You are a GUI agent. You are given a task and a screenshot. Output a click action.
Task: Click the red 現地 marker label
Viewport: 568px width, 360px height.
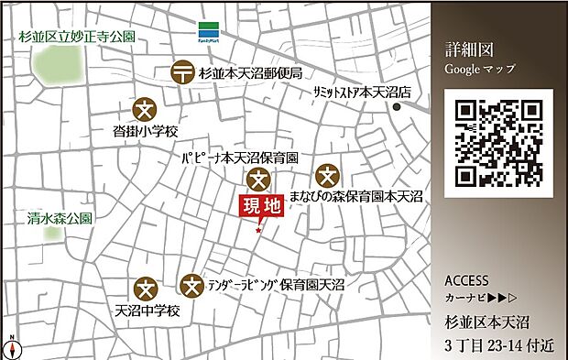click(261, 207)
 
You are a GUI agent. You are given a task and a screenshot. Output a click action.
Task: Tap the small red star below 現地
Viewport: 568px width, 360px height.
click(259, 230)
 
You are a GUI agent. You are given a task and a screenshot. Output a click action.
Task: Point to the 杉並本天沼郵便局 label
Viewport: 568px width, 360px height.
click(250, 72)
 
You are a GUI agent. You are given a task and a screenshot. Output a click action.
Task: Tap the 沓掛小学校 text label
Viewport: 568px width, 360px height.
click(145, 132)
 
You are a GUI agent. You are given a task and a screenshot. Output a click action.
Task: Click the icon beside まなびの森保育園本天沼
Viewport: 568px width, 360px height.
click(327, 175)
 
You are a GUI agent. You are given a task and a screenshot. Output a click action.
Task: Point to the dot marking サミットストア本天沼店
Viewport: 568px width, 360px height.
click(397, 107)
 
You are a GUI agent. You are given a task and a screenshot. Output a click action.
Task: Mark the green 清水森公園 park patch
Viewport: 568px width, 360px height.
click(54, 234)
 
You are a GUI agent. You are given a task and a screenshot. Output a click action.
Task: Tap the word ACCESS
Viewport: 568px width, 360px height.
click(466, 280)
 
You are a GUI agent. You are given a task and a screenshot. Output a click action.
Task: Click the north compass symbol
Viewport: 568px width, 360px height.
click(12, 348)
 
